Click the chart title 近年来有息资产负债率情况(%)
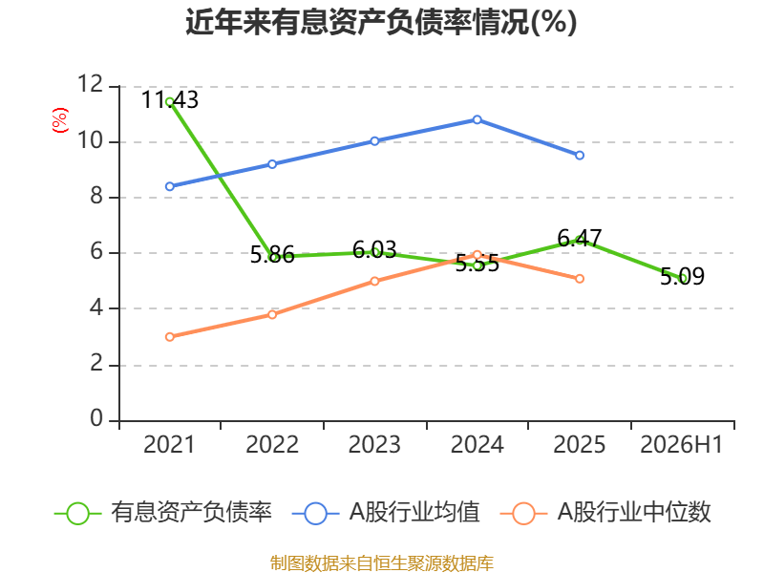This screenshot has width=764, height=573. click(381, 22)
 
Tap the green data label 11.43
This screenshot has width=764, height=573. click(170, 100)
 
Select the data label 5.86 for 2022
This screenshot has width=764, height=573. click(272, 255)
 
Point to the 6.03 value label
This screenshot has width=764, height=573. click(374, 250)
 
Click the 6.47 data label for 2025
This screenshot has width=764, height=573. click(580, 238)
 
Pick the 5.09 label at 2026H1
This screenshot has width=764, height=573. click(682, 276)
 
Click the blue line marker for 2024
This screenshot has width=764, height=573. click(477, 120)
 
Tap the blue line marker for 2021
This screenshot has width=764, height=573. click(170, 186)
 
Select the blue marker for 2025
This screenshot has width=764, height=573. click(580, 156)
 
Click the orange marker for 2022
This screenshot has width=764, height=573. click(272, 315)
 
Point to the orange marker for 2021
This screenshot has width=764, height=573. click(170, 337)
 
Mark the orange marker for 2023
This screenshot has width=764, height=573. click(374, 281)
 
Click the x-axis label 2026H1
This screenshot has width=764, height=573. click(682, 445)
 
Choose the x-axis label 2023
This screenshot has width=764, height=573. click(374, 445)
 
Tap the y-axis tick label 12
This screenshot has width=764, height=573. click(91, 84)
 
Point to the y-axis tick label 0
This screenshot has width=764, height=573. click(97, 418)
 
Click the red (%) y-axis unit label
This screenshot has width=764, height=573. click(60, 120)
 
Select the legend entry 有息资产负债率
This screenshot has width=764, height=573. click(162, 513)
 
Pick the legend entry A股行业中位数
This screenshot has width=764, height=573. click(605, 513)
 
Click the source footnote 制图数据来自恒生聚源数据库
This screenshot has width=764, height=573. click(381, 563)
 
